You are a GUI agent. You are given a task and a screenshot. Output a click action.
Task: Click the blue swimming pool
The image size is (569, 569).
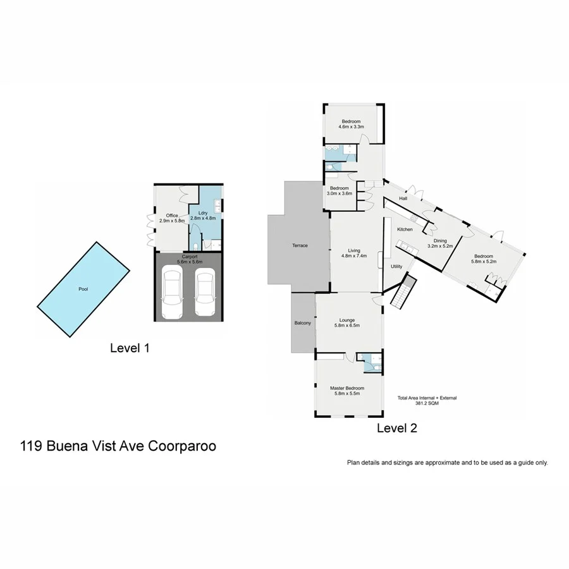[82, 289]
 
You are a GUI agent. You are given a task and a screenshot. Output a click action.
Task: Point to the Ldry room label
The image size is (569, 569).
[203, 213]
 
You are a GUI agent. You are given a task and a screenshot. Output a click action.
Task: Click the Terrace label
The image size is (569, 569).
[300, 245]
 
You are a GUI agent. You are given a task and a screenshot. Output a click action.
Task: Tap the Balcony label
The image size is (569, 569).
[303, 323]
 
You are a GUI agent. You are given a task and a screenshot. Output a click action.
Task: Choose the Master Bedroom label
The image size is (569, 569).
[347, 388]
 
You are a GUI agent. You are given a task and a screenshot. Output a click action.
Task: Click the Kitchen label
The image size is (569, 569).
[405, 229]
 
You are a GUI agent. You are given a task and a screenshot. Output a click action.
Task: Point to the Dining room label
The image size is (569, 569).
[440, 240]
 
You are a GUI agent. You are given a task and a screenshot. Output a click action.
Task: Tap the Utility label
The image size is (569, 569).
[396, 267]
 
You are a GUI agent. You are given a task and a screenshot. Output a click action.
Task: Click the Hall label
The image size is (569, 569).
[402, 198]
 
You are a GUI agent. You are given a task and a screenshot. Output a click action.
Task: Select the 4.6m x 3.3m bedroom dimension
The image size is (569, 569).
[352, 127]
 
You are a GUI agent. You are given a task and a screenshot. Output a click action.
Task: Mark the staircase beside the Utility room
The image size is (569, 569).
[402, 292]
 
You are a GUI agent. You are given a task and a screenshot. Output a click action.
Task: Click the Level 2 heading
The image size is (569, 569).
[397, 428]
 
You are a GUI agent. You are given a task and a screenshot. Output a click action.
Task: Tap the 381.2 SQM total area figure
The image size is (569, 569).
[427, 403]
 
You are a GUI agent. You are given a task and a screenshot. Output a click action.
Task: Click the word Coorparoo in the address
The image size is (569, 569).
[182, 446]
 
